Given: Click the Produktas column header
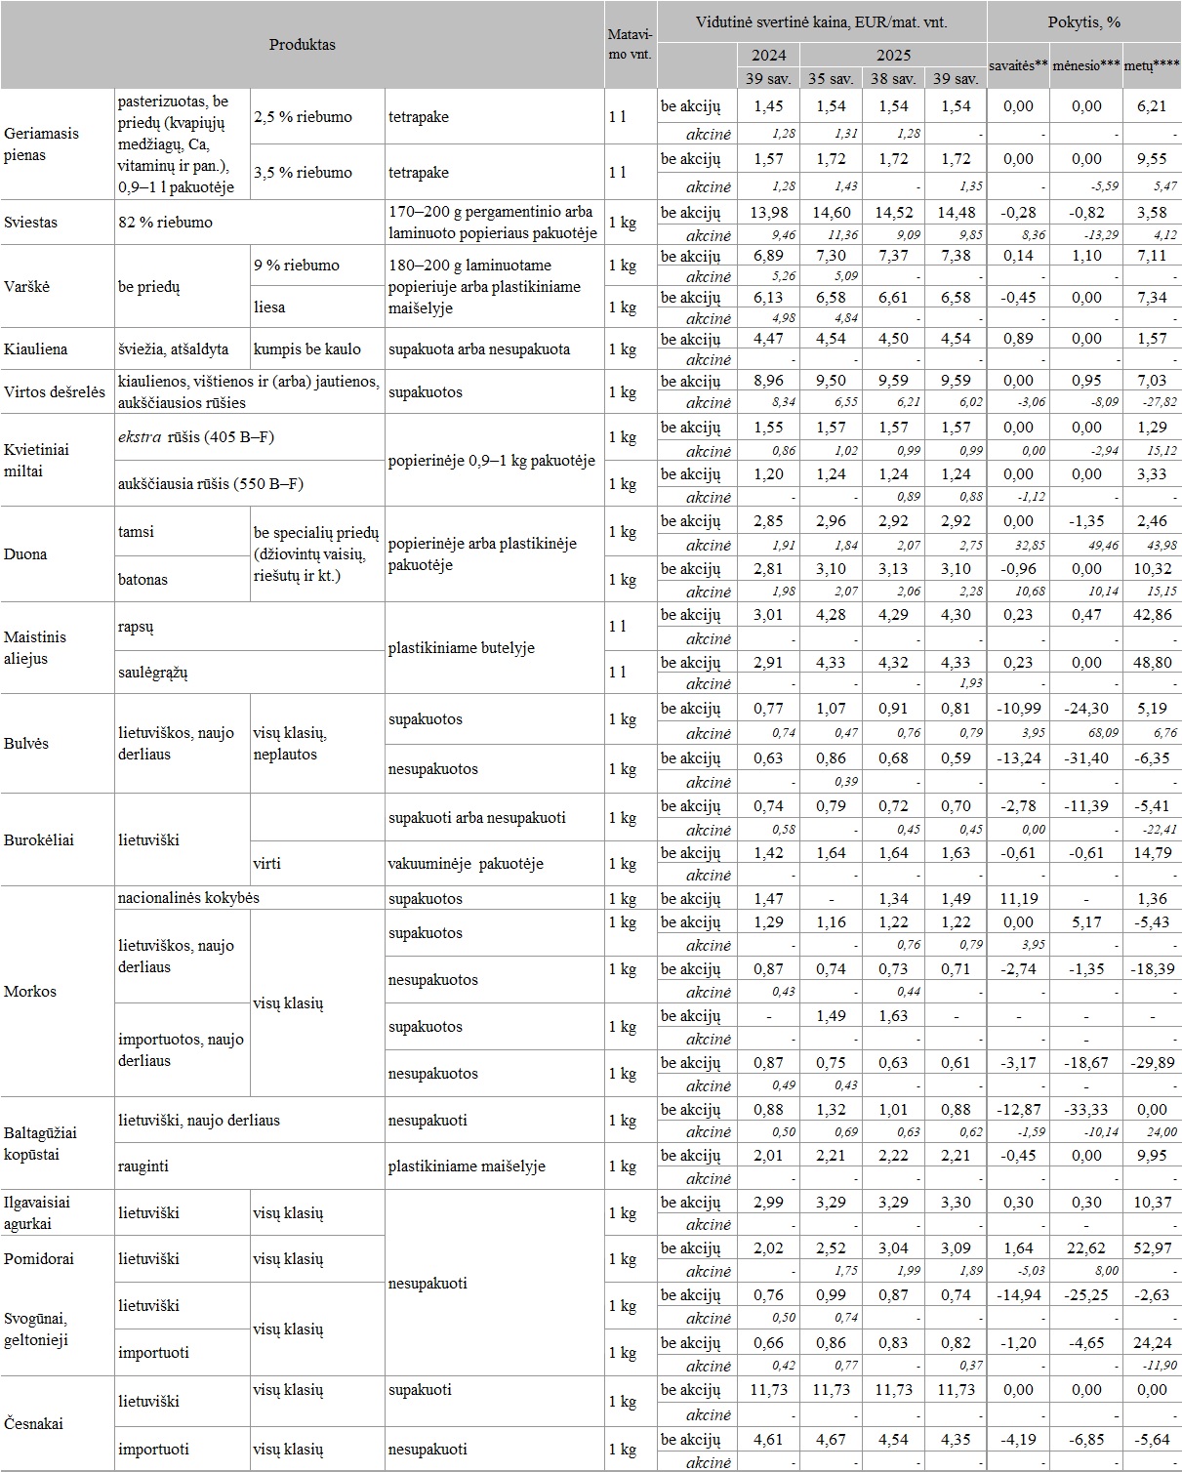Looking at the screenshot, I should click(x=302, y=45).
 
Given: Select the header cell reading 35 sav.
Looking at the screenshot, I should click(x=832, y=79).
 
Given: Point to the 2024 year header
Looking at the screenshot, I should click(x=768, y=55).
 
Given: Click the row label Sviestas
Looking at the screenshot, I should click(x=31, y=222).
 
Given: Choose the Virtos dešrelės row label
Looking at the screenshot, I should click(x=55, y=391).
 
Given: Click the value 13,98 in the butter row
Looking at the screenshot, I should click(x=768, y=213).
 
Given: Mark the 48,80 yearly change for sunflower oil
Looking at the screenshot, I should click(x=1152, y=662).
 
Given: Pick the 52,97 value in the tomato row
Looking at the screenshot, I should click(x=1152, y=1248).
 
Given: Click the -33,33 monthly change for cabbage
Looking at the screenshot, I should click(x=1086, y=1109).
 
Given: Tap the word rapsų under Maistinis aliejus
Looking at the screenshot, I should click(x=136, y=627).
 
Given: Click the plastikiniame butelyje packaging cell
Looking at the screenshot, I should click(x=461, y=648).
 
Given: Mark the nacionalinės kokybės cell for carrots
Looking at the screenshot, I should click(x=188, y=897).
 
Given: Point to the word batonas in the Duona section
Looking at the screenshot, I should click(x=143, y=579).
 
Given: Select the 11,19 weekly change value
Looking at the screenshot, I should click(x=1017, y=898).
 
